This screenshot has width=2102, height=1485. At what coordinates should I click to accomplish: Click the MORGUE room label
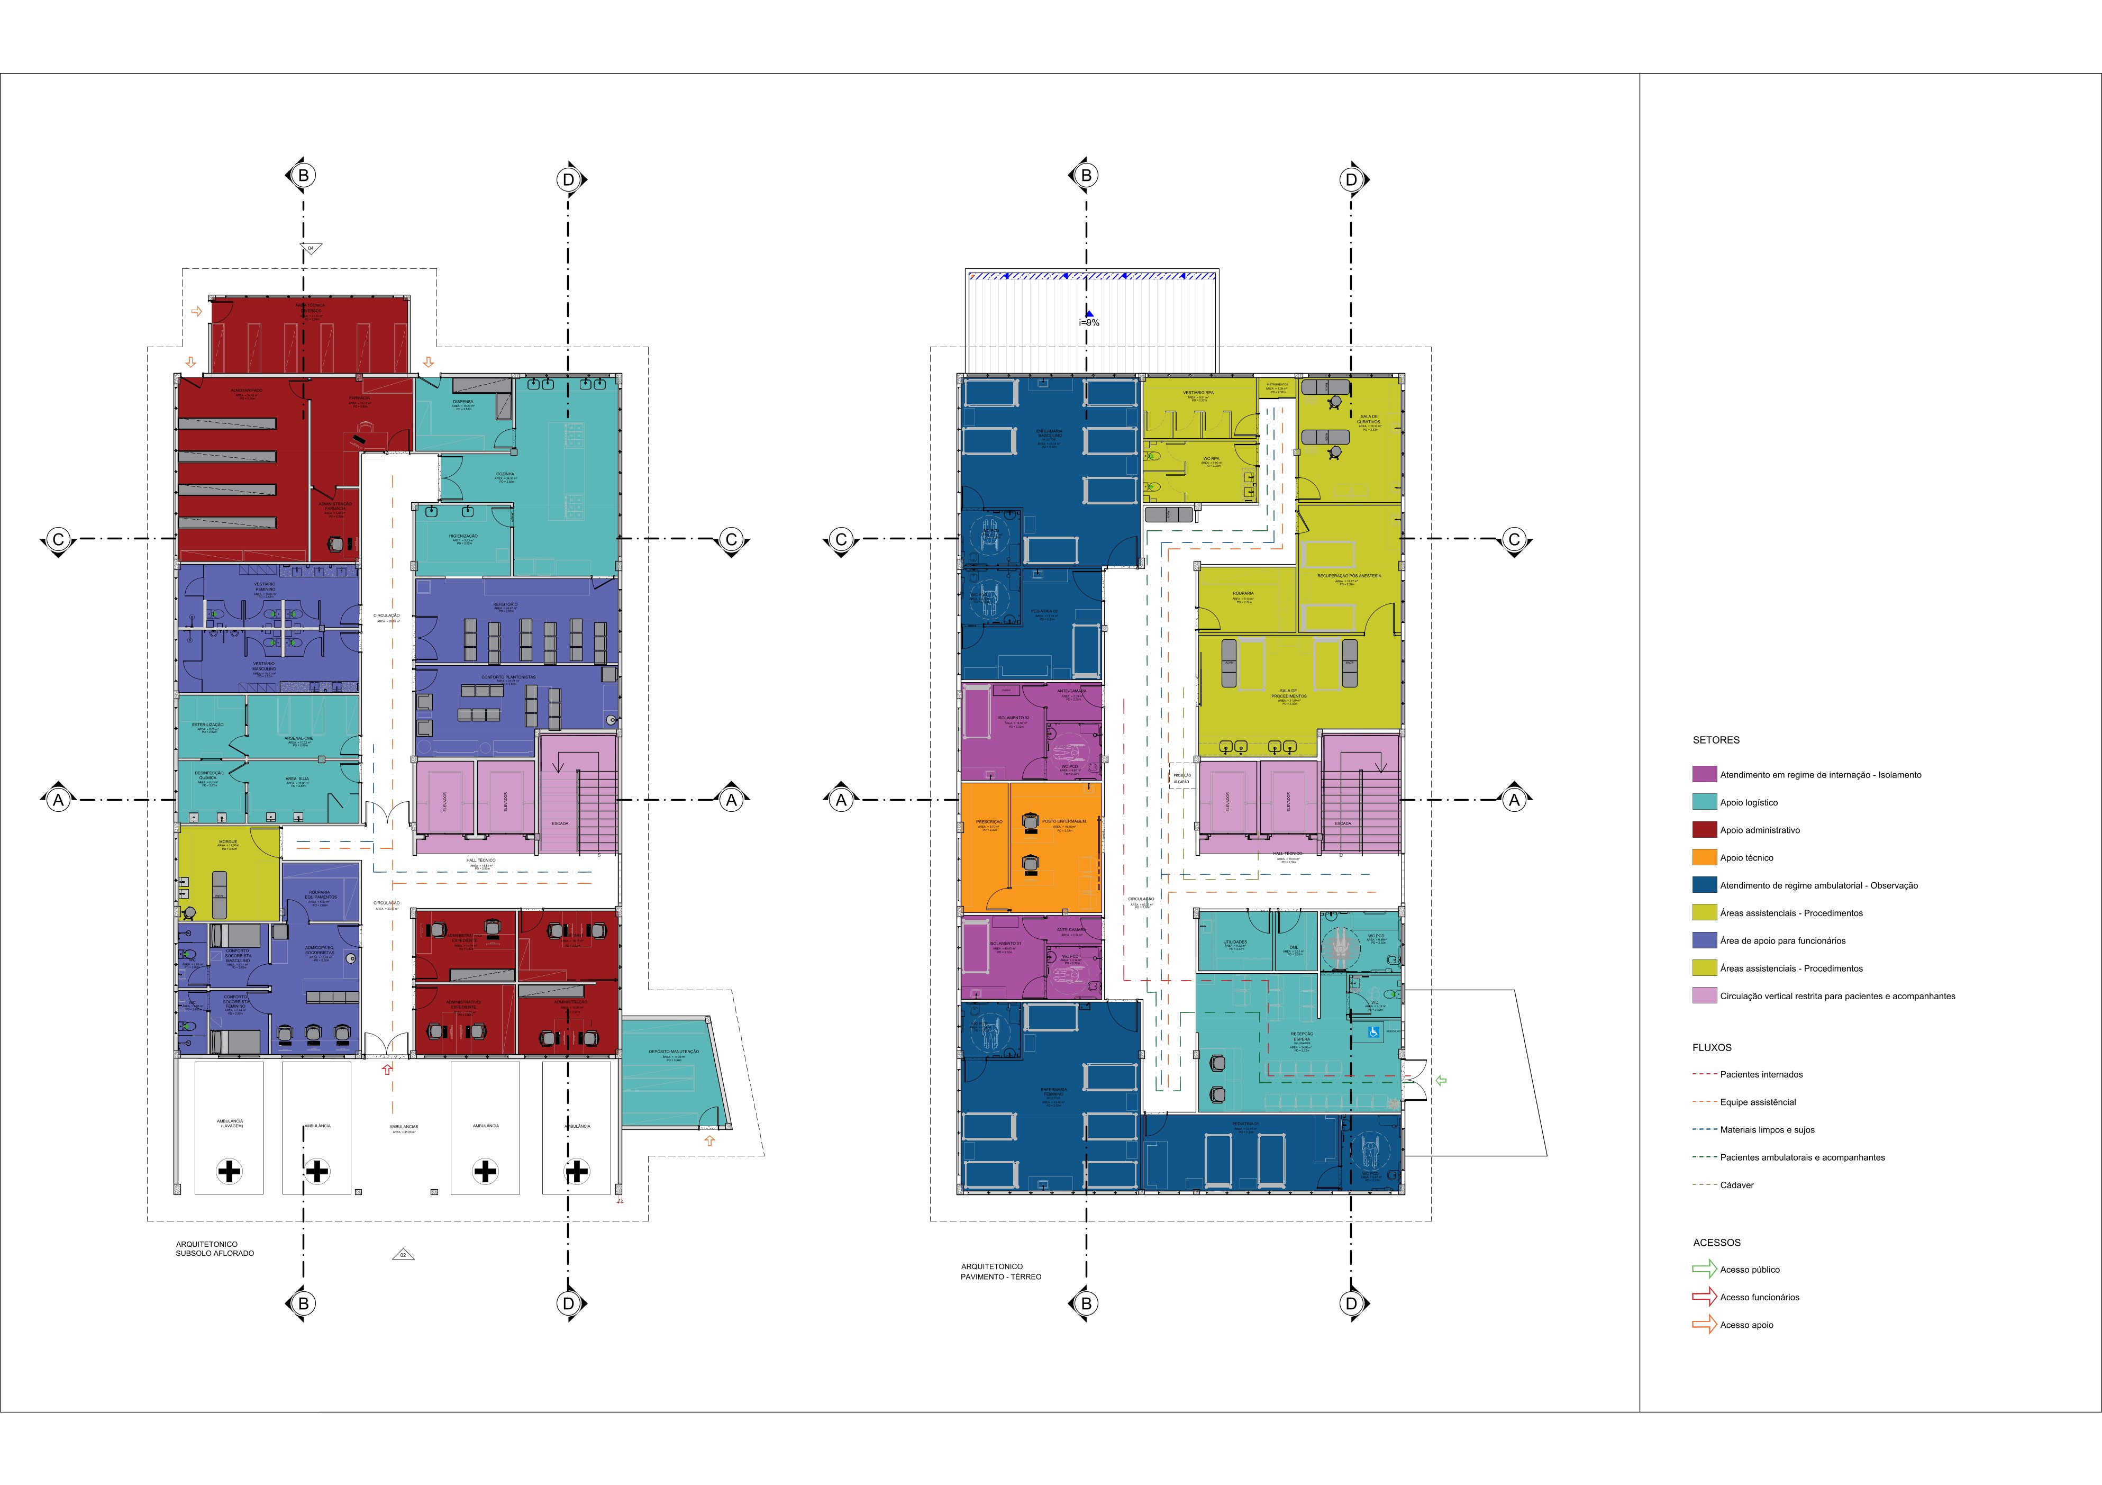point(228,841)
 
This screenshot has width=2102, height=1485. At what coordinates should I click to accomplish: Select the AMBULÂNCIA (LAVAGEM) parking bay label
point(230,1124)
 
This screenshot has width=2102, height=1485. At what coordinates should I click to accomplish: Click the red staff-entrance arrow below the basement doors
point(387,1069)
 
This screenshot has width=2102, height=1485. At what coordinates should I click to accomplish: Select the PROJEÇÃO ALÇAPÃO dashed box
point(1182,778)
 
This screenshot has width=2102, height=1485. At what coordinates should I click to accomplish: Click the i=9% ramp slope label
point(1088,322)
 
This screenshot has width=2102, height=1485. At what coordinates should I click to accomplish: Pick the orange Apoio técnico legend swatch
point(1704,858)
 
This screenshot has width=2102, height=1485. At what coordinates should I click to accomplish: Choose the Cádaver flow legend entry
point(1736,1185)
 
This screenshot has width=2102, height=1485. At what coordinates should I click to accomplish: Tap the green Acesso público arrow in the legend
point(1704,1270)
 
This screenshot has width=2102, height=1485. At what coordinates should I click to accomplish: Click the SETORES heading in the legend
point(1716,740)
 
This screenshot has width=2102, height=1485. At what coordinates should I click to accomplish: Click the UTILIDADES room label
point(1235,942)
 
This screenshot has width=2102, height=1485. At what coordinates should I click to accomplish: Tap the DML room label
point(1294,948)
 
